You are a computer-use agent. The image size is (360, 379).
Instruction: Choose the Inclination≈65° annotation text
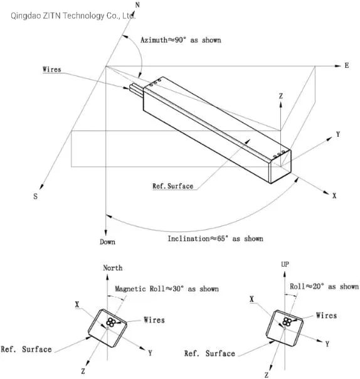coord(214,238)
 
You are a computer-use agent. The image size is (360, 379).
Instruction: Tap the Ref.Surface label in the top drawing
coord(172,186)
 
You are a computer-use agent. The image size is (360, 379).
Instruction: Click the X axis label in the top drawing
coord(334,196)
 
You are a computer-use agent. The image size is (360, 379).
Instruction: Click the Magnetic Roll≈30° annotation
coord(167,289)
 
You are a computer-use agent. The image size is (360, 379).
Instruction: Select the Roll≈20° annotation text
coord(324,287)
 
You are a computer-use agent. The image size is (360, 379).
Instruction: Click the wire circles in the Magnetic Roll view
coord(111,323)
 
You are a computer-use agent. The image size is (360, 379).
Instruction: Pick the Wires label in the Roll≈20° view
coord(326,316)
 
